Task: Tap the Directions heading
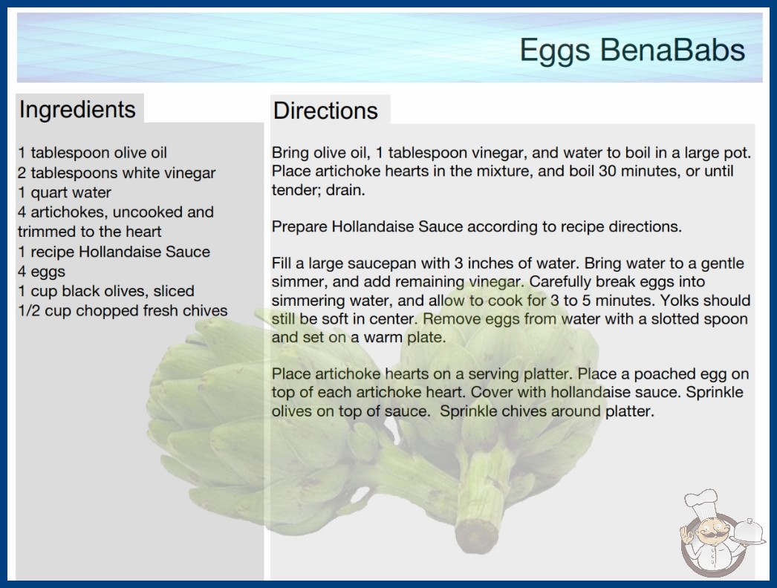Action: click(x=325, y=111)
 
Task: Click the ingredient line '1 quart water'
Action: click(x=65, y=192)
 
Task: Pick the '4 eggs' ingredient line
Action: click(x=42, y=272)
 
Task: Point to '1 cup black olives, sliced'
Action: click(x=106, y=291)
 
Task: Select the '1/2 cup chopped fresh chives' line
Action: click(x=123, y=310)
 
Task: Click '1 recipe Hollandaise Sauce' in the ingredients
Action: click(x=114, y=252)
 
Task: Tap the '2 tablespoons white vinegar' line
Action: click(x=117, y=173)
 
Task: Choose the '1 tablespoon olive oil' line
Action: click(x=93, y=153)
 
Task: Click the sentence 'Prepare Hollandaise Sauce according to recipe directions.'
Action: click(x=477, y=226)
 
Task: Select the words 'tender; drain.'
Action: click(x=318, y=190)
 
